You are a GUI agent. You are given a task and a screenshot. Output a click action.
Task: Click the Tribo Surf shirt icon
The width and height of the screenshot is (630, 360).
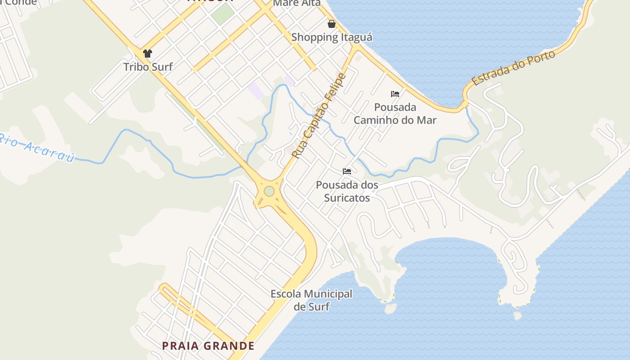point(147,54)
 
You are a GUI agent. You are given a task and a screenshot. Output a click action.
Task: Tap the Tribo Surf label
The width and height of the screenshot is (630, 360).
point(148,67)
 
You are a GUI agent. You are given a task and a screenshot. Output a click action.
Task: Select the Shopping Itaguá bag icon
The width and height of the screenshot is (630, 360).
point(332,24)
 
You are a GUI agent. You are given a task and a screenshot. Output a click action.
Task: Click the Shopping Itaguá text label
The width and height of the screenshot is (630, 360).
point(332,37)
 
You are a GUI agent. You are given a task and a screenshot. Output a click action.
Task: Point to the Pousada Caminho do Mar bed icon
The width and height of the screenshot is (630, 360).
point(395,94)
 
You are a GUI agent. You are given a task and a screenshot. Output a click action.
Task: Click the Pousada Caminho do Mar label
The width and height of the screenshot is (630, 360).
point(395,114)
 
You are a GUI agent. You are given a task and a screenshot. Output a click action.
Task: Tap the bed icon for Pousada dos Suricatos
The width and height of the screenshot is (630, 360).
point(346,171)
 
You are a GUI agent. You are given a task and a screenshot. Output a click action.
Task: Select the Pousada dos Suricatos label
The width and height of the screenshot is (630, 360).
point(347,191)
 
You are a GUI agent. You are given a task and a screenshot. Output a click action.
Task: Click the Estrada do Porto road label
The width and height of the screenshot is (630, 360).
point(513,67)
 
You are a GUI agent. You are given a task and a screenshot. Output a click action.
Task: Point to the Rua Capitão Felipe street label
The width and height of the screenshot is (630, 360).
point(319,116)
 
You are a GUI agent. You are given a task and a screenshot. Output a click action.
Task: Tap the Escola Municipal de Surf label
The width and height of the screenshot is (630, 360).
point(311,300)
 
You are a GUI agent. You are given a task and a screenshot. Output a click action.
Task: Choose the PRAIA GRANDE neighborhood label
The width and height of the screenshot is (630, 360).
point(208,346)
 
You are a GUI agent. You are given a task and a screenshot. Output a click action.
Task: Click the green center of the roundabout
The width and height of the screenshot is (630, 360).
point(269,191)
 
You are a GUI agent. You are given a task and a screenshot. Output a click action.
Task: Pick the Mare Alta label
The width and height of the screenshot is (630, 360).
point(297,3)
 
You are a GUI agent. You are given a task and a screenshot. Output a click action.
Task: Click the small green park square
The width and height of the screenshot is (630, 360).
point(223,14)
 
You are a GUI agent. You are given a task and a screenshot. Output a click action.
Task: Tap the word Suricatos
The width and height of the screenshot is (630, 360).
point(347,198)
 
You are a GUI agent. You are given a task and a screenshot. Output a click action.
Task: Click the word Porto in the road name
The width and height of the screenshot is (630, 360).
point(540,58)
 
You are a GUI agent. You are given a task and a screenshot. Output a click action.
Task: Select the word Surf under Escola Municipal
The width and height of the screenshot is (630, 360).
point(319,307)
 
